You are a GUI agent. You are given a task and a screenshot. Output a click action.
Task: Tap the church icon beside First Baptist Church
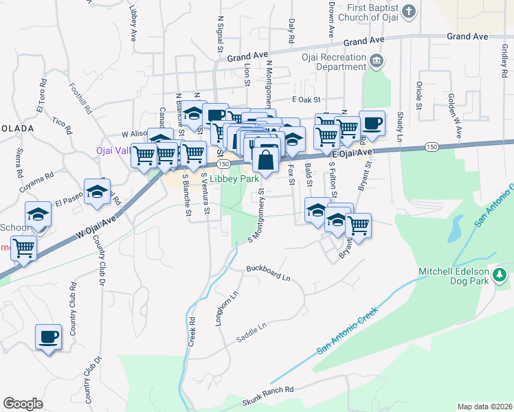(409, 12)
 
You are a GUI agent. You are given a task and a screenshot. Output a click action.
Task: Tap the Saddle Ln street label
(251, 332)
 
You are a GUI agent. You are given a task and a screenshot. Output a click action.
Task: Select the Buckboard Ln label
(269, 275)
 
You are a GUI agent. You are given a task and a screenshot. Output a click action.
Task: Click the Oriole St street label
(418, 95)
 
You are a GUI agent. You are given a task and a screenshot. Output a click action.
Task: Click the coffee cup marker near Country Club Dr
(48, 337)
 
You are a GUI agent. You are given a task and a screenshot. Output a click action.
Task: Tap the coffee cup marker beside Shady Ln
(372, 124)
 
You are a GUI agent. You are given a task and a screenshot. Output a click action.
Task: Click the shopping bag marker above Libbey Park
(265, 161)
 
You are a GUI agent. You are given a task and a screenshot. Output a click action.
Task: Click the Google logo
(23, 403)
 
